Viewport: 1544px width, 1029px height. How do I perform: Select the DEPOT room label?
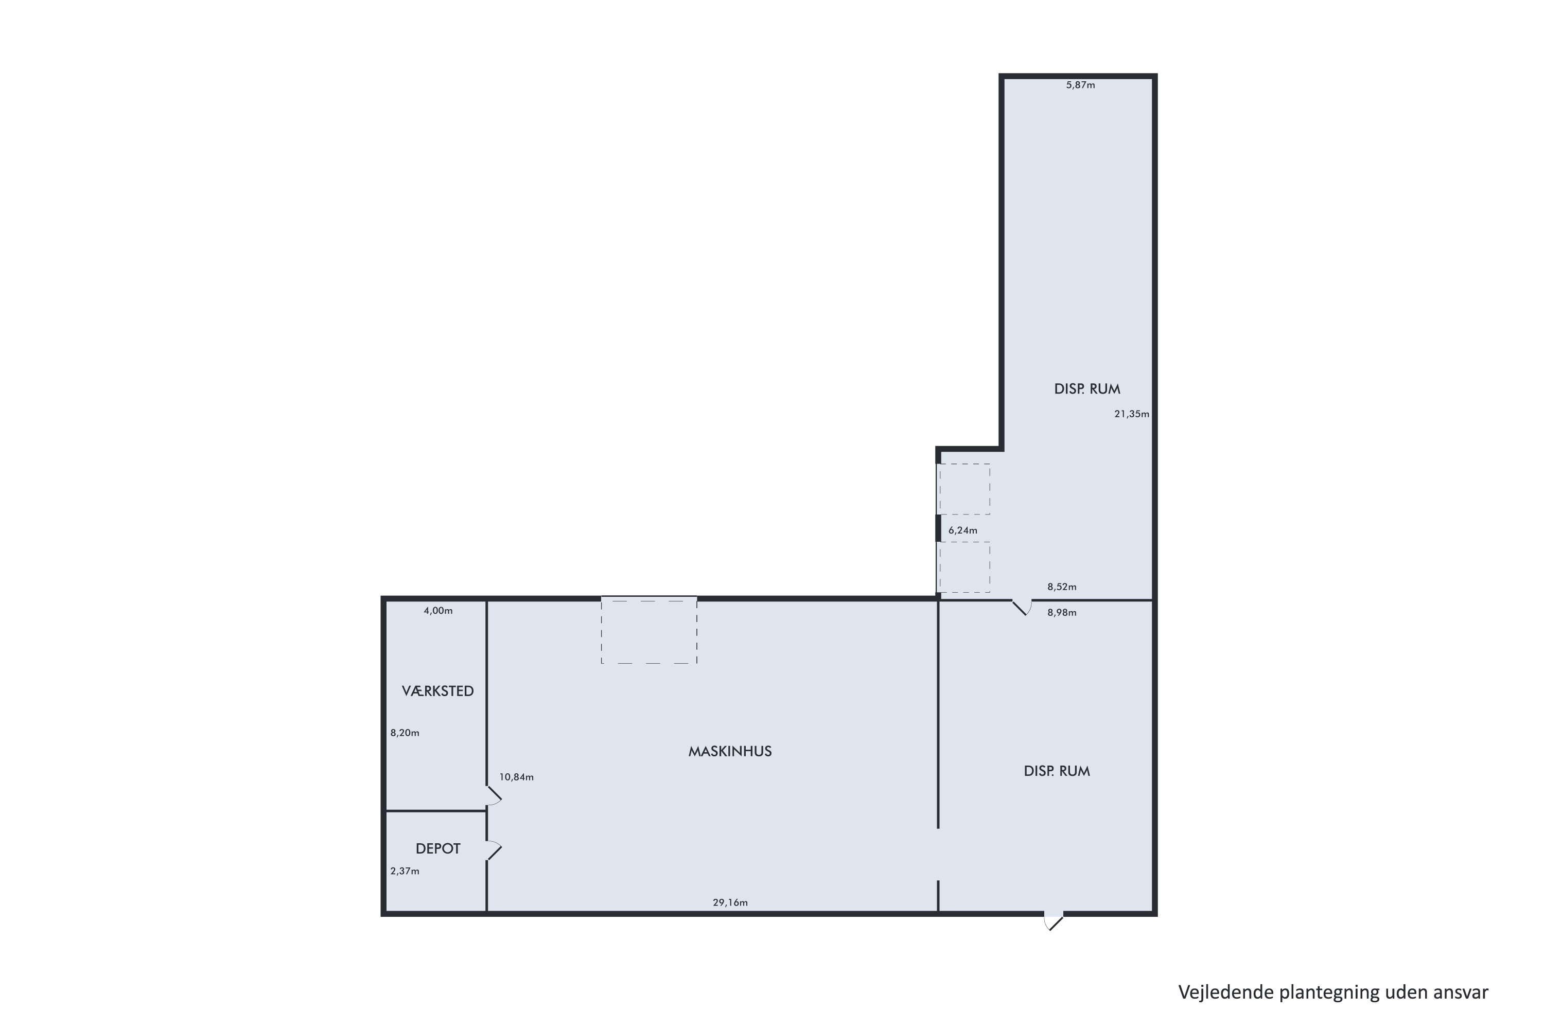click(438, 848)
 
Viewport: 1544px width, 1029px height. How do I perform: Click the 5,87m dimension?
click(1080, 85)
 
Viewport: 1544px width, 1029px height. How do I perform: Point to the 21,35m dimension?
click(1131, 414)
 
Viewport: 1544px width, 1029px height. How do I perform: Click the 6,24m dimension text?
click(962, 531)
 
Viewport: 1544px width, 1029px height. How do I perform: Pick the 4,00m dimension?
click(438, 611)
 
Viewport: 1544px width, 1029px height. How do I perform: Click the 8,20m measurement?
click(405, 733)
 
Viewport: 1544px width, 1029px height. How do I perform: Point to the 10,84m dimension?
click(516, 777)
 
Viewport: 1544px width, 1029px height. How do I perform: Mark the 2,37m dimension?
click(405, 872)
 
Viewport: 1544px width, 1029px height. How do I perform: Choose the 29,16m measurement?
click(730, 903)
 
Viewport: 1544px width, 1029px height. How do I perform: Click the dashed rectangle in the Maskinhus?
click(648, 631)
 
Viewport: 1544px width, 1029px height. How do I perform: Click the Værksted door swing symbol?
click(494, 796)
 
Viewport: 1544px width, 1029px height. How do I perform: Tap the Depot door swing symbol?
click(494, 850)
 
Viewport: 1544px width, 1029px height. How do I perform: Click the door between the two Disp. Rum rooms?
click(1022, 608)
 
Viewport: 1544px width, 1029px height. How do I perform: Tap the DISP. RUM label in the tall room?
click(1086, 389)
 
